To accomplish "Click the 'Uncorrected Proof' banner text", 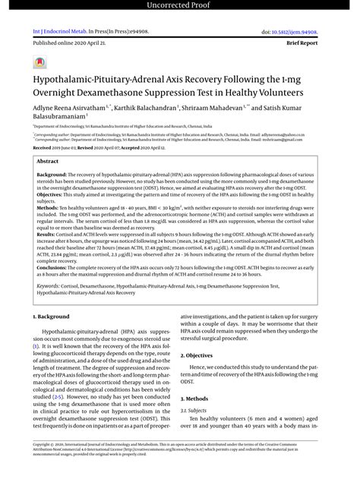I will tap(180, 7).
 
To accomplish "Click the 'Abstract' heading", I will tap(48, 162).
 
